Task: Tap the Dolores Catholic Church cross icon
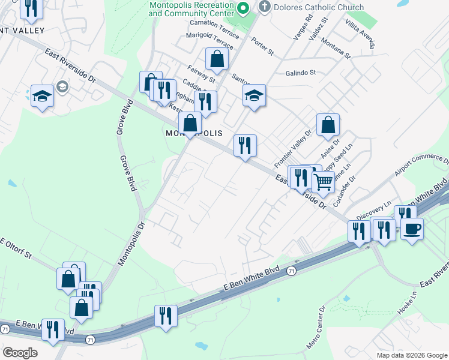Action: [x=264, y=7]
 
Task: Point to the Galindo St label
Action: [x=300, y=73]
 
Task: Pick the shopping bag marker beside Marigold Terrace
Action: [x=217, y=59]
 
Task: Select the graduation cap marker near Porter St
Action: [x=254, y=95]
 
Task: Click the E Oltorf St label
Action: [x=23, y=250]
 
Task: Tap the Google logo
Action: [x=20, y=353]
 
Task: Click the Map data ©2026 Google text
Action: [x=411, y=355]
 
